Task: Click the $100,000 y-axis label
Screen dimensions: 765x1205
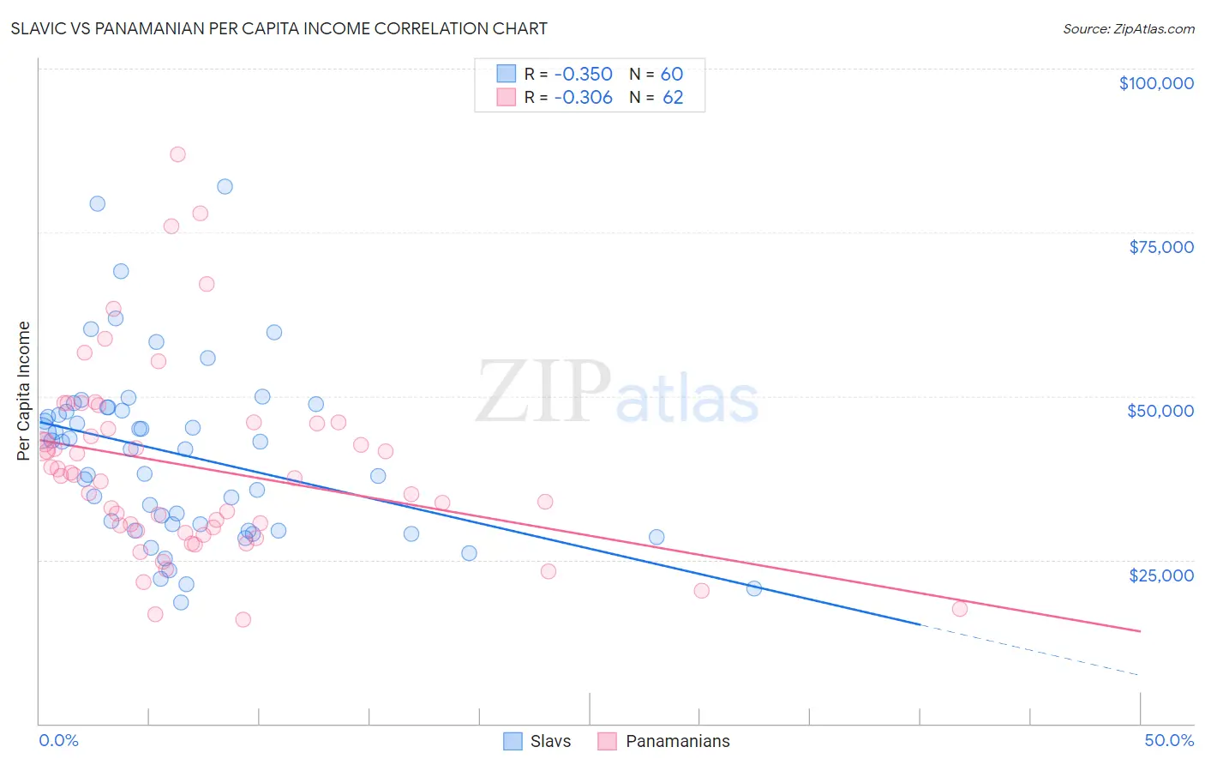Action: point(1155,83)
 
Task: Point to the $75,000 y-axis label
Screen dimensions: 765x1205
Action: point(1160,247)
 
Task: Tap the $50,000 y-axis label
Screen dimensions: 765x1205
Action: point(1160,411)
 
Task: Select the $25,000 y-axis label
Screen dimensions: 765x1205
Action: point(1160,575)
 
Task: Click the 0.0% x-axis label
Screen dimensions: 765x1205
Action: point(58,740)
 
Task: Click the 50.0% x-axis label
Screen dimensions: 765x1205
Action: point(1168,740)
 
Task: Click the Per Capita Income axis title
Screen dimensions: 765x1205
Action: point(24,390)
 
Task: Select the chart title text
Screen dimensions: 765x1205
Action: point(279,28)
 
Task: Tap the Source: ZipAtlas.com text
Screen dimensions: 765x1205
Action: point(1128,28)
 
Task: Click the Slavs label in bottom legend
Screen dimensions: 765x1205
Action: point(549,741)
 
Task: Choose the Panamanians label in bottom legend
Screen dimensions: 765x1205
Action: point(677,741)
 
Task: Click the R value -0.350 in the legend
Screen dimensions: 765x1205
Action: point(583,74)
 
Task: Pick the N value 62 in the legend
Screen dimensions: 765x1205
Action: point(673,97)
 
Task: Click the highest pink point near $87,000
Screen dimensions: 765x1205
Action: point(177,154)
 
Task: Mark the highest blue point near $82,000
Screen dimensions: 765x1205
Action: point(225,186)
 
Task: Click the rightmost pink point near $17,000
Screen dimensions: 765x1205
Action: point(960,609)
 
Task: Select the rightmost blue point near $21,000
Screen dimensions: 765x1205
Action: point(754,588)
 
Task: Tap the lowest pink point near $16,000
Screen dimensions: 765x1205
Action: point(243,619)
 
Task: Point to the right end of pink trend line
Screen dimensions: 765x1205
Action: point(1139,631)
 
